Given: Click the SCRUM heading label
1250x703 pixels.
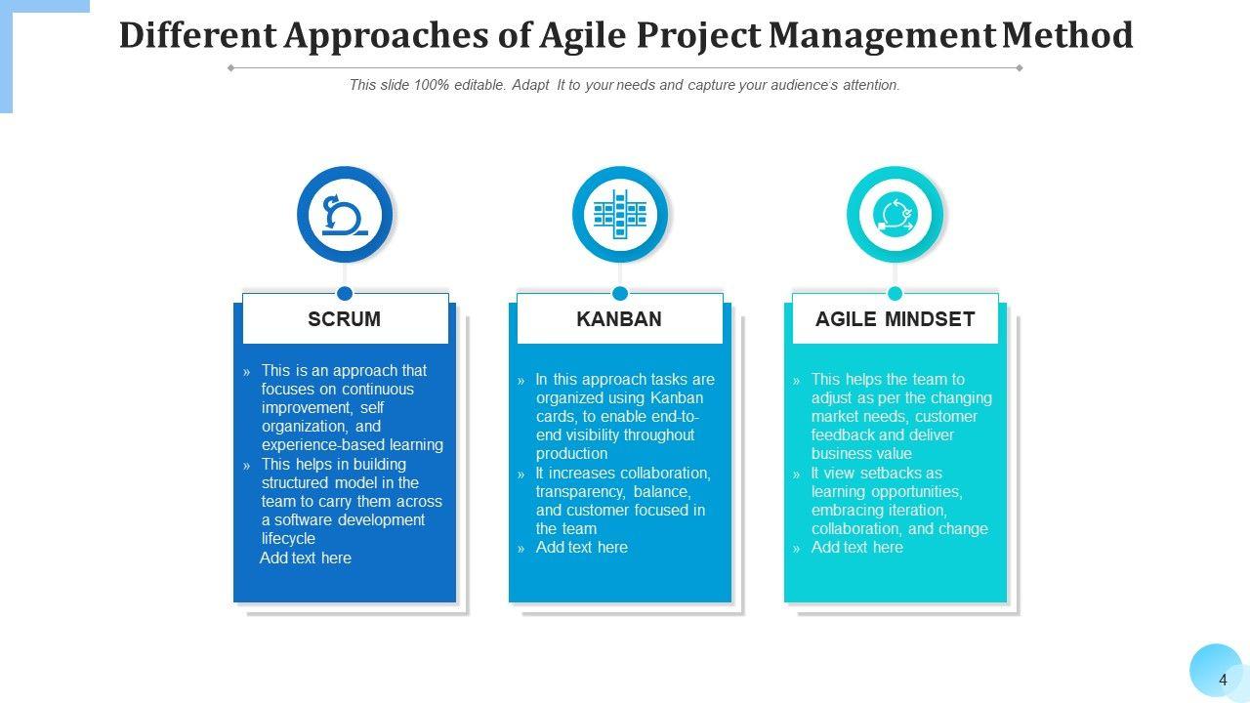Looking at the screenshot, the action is (345, 319).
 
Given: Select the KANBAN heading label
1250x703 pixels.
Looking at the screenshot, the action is (619, 319).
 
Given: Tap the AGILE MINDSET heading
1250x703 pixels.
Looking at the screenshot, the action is (896, 319).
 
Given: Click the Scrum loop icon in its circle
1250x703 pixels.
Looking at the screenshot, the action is (345, 215).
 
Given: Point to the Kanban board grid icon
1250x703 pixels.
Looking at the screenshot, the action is (620, 215).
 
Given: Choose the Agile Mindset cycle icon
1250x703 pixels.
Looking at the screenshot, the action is (896, 215).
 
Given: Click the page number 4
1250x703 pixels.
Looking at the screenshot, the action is (1223, 681).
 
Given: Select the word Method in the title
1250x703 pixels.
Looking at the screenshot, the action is (1067, 35).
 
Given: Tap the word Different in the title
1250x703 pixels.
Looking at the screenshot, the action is (198, 35).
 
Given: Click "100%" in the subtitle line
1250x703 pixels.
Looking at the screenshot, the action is (432, 85).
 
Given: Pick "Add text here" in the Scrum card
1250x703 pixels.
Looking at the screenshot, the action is (306, 558).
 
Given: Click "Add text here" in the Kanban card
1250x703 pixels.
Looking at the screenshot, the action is (582, 548).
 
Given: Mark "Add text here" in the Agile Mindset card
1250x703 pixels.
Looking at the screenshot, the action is (857, 548).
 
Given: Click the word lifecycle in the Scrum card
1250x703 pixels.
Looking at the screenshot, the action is (288, 539).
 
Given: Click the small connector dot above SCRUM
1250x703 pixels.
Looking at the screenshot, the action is (345, 294).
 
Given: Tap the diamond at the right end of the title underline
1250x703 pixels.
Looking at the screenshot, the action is (1020, 68).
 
